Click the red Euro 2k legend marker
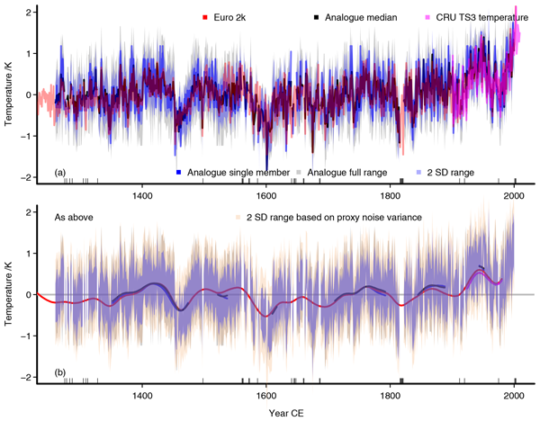(x=206, y=16)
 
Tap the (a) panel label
(x=61, y=172)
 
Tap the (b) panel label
(x=61, y=372)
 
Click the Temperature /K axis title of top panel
(x=10, y=93)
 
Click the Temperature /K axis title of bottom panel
(x=10, y=294)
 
